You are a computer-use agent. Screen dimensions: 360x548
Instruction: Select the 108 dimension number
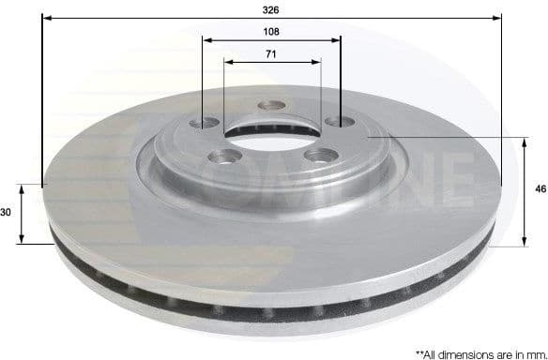pos(271,30)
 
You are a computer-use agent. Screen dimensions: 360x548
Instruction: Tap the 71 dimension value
pos(271,54)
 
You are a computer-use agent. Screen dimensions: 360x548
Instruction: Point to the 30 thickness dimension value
pos(6,213)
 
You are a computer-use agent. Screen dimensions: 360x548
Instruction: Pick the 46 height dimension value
pos(540,189)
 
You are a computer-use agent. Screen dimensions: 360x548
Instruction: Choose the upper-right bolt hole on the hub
pos(333,122)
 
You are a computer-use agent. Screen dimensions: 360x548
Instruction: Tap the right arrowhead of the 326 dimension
pos(498,18)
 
